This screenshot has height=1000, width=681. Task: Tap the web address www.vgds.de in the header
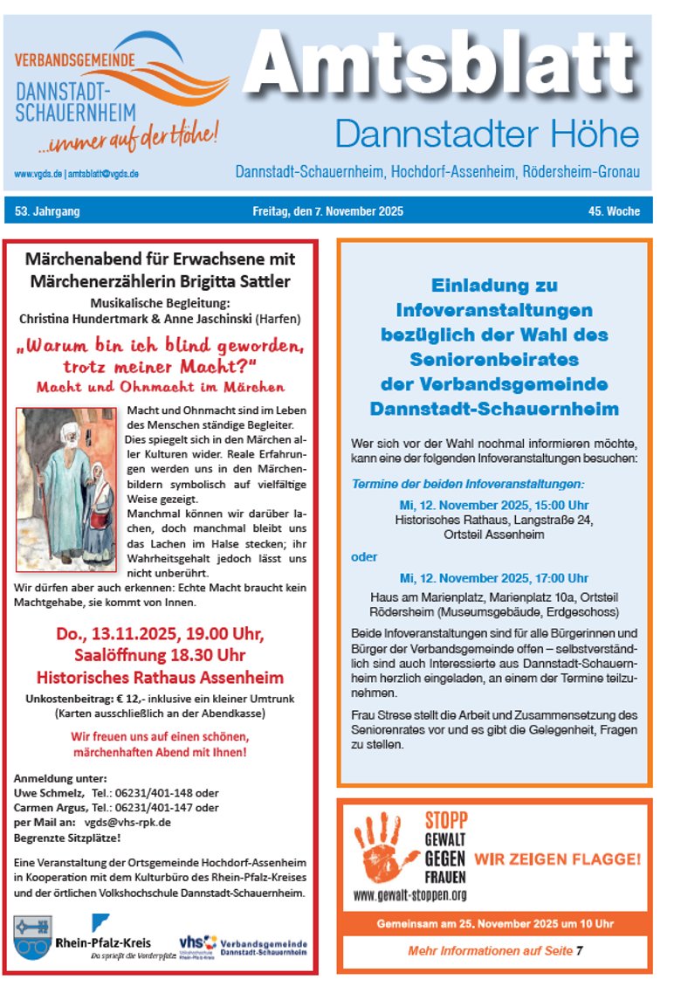click(x=38, y=175)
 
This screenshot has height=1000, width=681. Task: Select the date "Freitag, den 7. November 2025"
click(x=327, y=211)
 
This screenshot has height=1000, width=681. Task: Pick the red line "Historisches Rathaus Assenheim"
click(x=160, y=677)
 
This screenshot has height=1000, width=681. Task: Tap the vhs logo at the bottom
click(x=197, y=943)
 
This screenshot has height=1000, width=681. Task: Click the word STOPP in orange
click(x=445, y=820)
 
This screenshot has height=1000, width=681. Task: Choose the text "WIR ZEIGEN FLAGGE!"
click(x=557, y=859)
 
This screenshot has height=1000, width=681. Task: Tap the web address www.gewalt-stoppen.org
click(x=409, y=895)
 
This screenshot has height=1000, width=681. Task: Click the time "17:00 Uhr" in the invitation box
click(x=563, y=578)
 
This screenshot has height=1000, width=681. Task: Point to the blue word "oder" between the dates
click(x=364, y=556)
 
